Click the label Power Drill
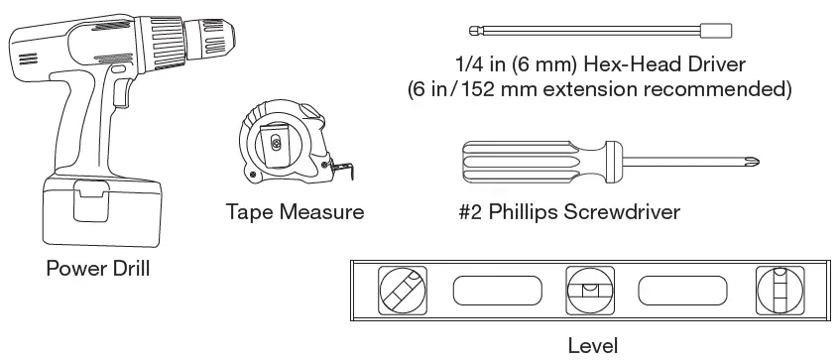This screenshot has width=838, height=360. point(98,267)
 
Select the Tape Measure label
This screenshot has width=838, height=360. point(295,211)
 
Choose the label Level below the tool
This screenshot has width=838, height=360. point(594,345)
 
